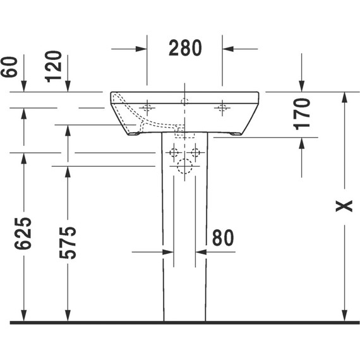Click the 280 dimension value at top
tap(185, 48)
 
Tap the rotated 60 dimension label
tap(9, 67)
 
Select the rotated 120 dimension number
tap(53, 66)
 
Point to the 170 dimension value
tap(301, 114)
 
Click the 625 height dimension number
tap(23, 233)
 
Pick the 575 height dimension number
tap(68, 243)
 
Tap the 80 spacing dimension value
tap(223, 237)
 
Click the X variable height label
tap(344, 206)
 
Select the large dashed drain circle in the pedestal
tap(184, 166)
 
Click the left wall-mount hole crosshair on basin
tap(147, 107)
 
